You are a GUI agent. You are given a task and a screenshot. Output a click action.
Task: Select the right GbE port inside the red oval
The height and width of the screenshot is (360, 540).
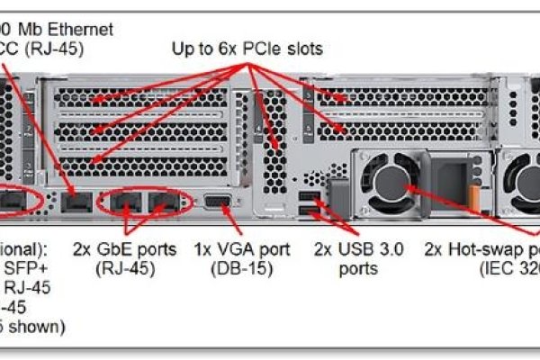(162, 202)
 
